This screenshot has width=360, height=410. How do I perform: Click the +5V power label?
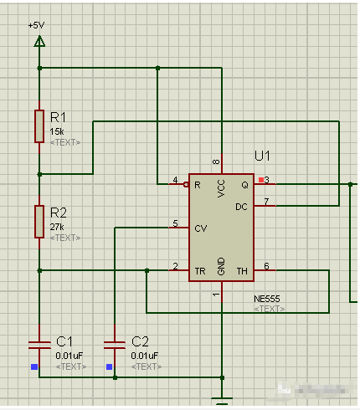(36, 26)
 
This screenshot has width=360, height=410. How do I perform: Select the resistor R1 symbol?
(39, 126)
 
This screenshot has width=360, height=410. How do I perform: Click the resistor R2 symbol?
(39, 221)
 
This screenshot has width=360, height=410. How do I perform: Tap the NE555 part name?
(267, 298)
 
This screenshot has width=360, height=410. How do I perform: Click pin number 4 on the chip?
(175, 180)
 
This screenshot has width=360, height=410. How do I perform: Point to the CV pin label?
(201, 227)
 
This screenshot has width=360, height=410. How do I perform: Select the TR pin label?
(200, 271)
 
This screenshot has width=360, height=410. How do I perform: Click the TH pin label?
(243, 271)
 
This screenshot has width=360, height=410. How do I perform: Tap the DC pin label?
(242, 206)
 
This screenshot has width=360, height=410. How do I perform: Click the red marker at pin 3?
(261, 180)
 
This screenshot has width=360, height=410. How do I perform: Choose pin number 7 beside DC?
(266, 202)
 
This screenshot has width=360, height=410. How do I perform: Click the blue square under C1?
(33, 366)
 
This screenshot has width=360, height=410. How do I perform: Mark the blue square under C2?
(109, 366)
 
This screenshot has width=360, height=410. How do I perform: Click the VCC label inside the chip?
(221, 189)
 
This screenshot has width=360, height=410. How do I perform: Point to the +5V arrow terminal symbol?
(39, 39)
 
